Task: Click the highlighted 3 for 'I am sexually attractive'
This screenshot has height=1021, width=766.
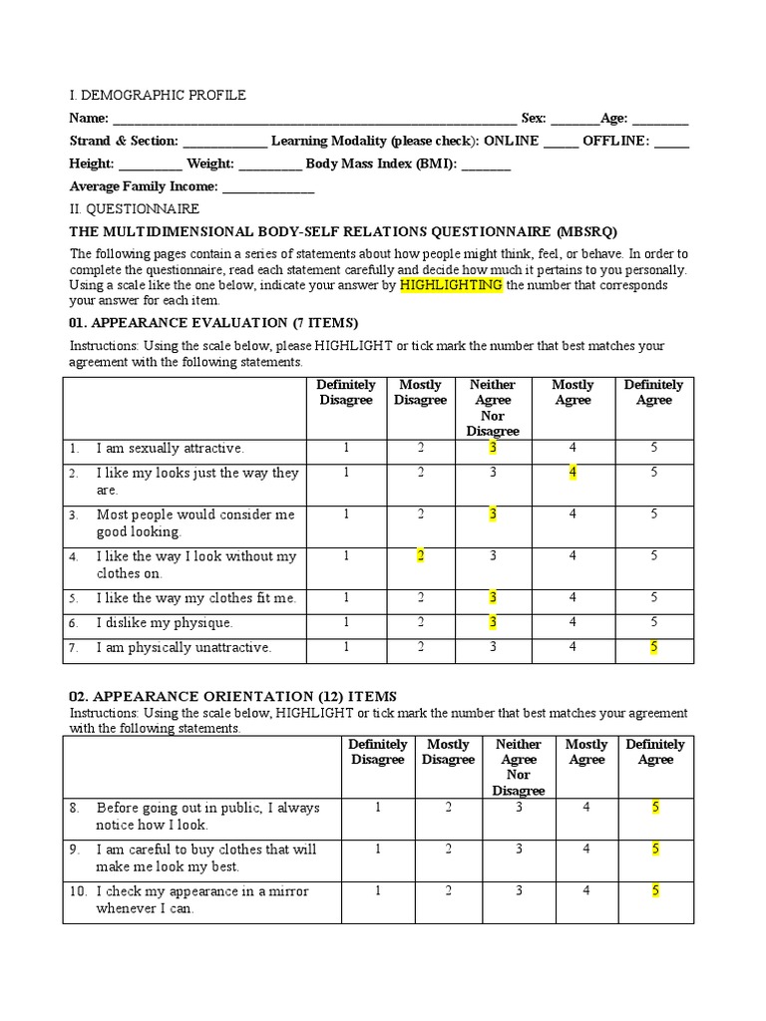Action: point(493,448)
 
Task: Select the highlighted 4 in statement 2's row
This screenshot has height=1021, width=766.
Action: point(573,473)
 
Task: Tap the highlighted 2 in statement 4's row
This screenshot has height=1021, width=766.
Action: point(421,556)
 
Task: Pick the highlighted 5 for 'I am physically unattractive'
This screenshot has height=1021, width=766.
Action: point(654,648)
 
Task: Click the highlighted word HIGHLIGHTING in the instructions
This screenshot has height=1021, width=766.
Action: point(451,285)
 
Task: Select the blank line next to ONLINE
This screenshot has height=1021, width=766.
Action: point(561,143)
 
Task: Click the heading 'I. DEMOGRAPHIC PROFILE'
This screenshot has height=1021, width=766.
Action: point(158,96)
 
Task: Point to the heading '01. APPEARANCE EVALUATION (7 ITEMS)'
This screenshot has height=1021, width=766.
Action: point(213,323)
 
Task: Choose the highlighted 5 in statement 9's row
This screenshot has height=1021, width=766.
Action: point(655,850)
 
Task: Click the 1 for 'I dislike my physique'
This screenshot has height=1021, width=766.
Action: point(346,623)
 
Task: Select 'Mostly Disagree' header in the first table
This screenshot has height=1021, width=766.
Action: point(420,393)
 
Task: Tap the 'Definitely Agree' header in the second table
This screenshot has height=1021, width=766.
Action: point(655,752)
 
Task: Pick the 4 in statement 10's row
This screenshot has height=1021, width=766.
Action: point(586,891)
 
